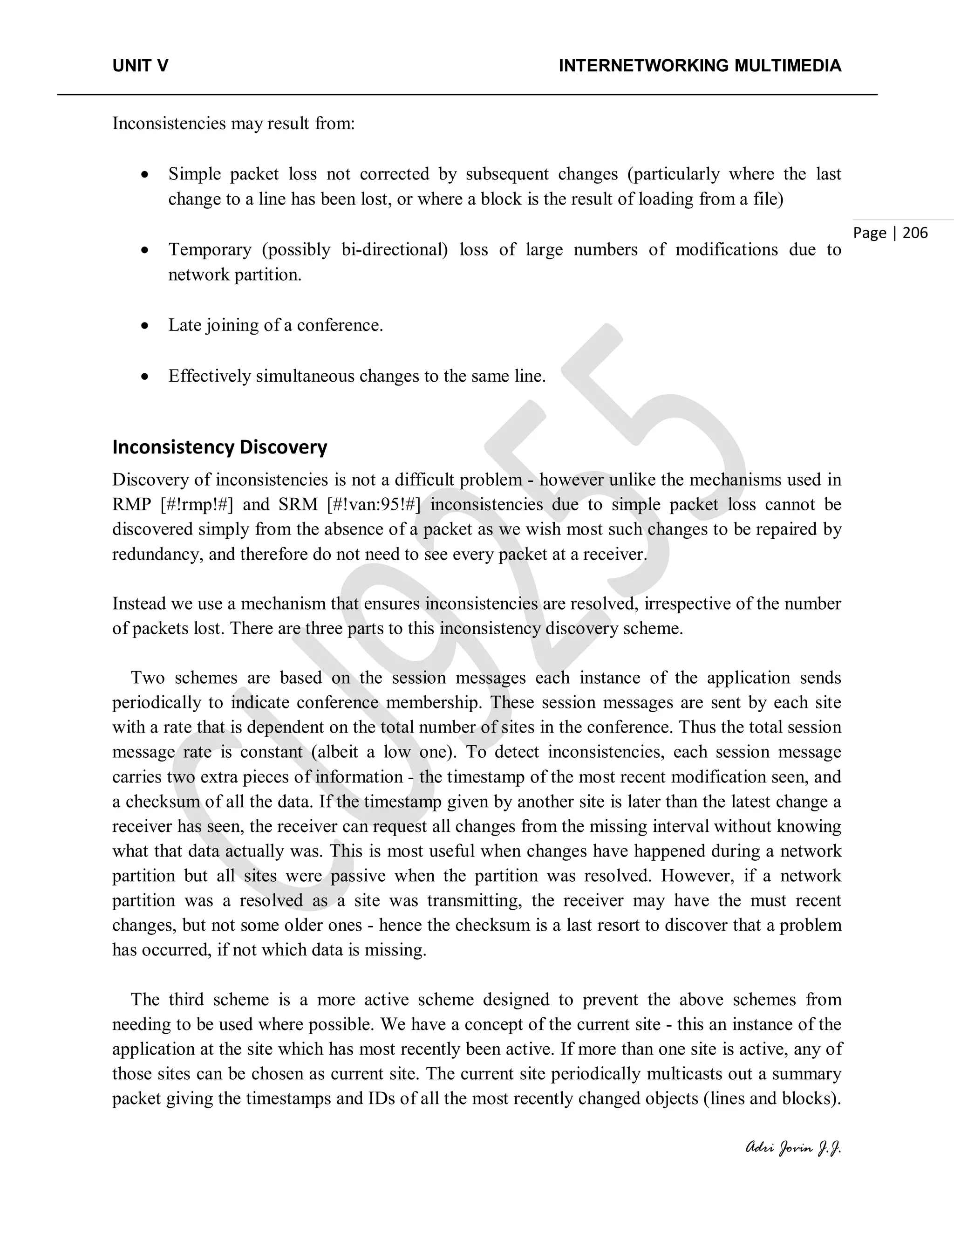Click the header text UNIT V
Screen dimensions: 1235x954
click(x=140, y=66)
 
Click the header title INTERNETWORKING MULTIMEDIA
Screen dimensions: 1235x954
click(x=700, y=66)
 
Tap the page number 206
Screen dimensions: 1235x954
click(x=915, y=233)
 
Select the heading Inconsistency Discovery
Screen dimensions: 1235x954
click(x=219, y=447)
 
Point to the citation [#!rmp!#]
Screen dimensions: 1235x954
click(x=197, y=504)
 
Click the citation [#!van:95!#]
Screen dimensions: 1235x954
click(x=373, y=504)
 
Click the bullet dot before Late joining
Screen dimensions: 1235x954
click(x=146, y=326)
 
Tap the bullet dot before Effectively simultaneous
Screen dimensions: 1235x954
click(x=146, y=377)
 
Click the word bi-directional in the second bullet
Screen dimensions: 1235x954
click(x=395, y=249)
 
